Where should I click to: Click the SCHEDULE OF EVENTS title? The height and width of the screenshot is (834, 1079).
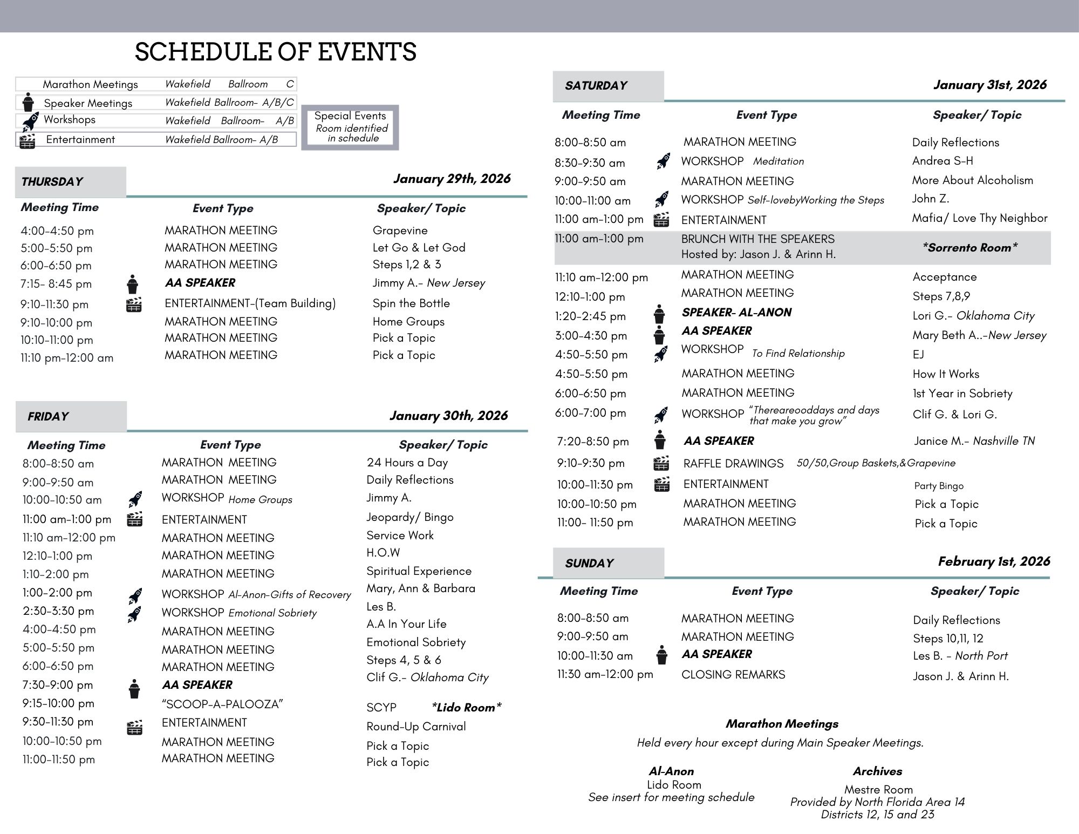click(275, 52)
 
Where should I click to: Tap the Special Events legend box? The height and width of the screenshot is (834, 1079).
click(350, 127)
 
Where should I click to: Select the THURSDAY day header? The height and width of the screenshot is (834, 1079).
click(52, 181)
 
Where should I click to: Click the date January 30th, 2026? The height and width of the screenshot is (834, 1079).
click(448, 416)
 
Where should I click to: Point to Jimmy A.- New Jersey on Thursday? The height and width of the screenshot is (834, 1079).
click(428, 283)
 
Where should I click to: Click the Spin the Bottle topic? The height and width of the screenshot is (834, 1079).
click(411, 303)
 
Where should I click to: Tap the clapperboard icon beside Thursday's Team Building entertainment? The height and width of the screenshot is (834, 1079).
click(133, 305)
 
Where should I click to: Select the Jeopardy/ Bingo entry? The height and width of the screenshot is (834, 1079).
click(409, 517)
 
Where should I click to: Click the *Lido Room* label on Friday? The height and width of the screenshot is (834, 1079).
click(466, 708)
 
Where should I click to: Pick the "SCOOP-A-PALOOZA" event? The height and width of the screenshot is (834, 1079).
click(222, 704)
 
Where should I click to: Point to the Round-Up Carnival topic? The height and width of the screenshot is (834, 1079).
click(416, 727)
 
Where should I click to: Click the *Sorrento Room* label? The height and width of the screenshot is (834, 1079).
click(969, 248)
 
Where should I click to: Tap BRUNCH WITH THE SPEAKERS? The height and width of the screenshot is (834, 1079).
click(757, 239)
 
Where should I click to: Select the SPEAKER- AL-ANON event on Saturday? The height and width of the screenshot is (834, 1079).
click(736, 313)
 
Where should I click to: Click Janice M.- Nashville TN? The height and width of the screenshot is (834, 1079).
click(974, 441)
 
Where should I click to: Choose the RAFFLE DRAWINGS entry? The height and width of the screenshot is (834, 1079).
click(733, 464)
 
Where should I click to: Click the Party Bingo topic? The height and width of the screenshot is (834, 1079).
click(939, 486)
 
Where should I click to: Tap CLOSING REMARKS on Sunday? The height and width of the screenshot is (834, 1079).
click(733, 675)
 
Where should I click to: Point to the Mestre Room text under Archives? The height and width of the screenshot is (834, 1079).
click(878, 790)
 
